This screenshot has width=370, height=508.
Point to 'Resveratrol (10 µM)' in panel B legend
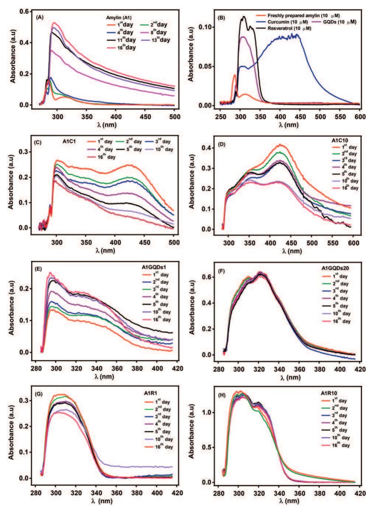tap(289, 28)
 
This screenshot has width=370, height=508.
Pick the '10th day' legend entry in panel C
tap(161, 150)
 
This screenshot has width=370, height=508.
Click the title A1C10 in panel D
tap(339, 140)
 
